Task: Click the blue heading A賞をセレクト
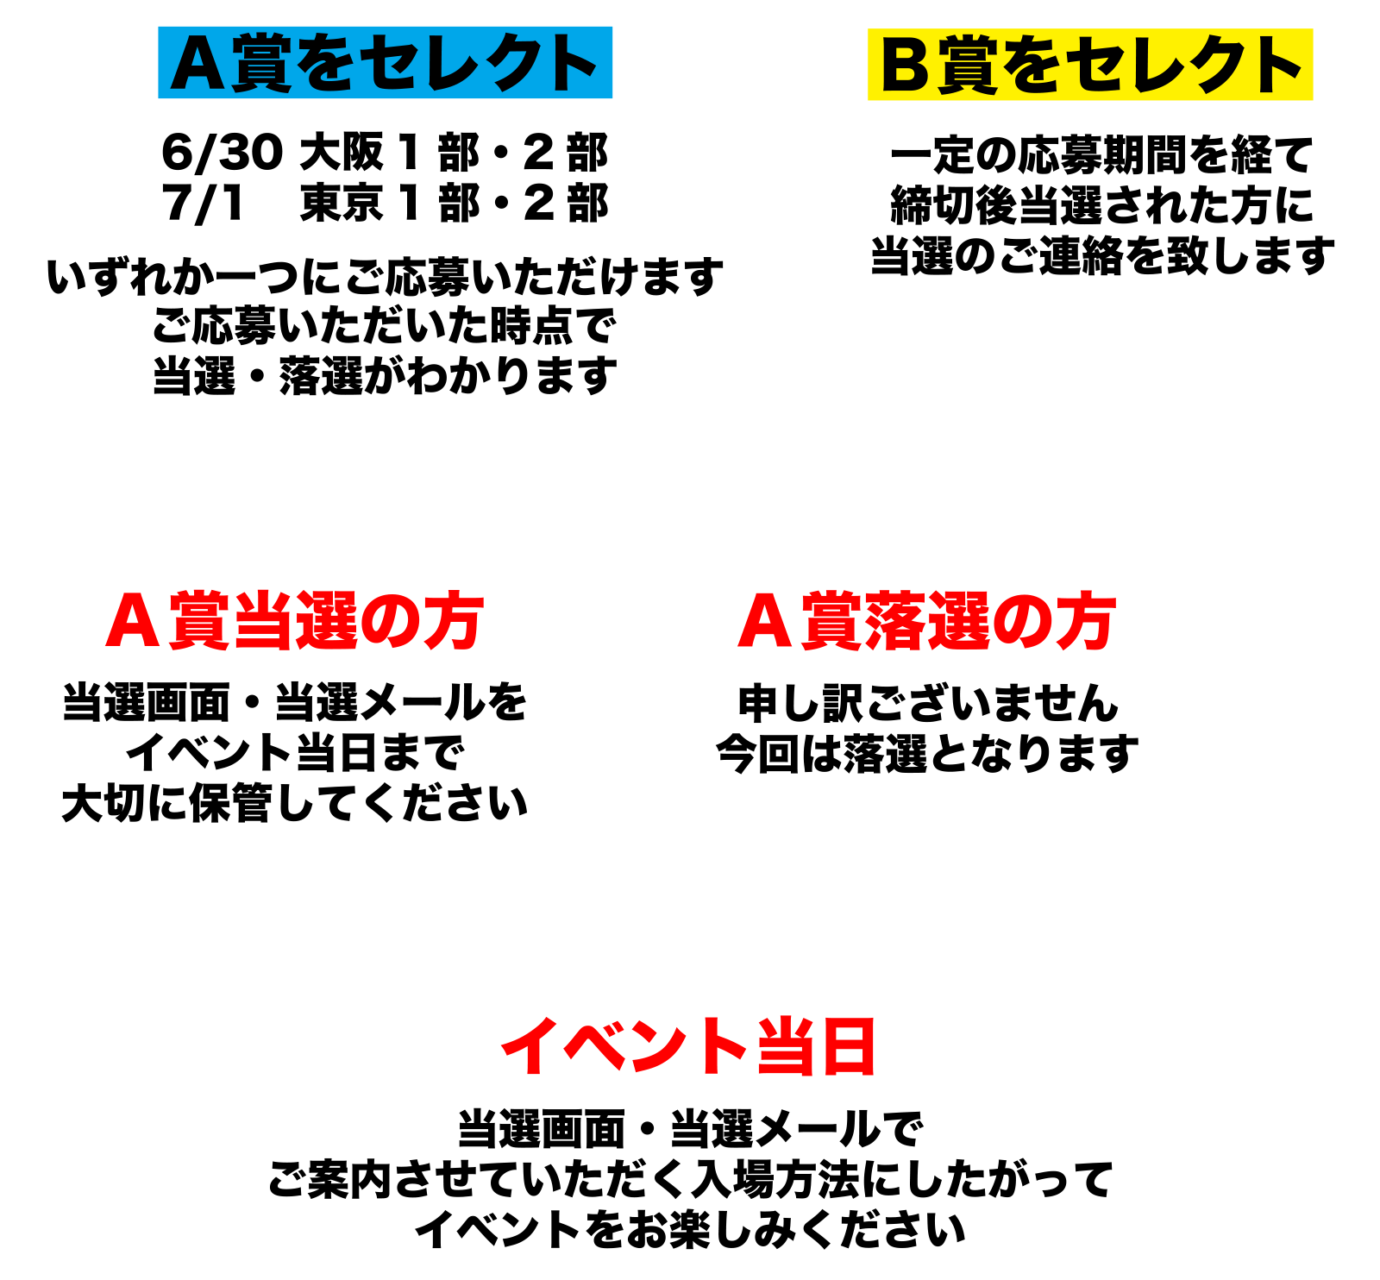385,63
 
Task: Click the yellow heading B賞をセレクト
1090,65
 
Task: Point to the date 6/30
222,153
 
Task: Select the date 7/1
204,204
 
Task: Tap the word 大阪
342,153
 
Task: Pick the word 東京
342,204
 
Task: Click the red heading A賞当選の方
294,621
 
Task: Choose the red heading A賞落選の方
927,621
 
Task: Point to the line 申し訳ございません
928,703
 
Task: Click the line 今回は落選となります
927,754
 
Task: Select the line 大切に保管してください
294,804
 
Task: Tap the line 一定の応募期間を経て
1101,155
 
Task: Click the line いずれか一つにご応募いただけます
385,277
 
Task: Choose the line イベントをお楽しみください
689,1230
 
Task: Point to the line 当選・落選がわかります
385,377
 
